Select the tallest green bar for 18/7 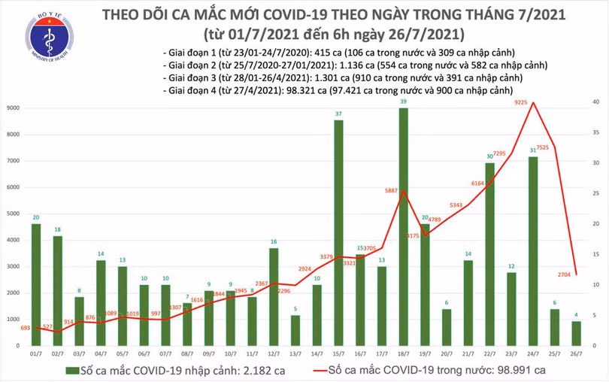tap(403, 226)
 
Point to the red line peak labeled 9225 tap(533, 102)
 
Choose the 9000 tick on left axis tap(14, 108)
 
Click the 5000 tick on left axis tap(14, 214)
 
